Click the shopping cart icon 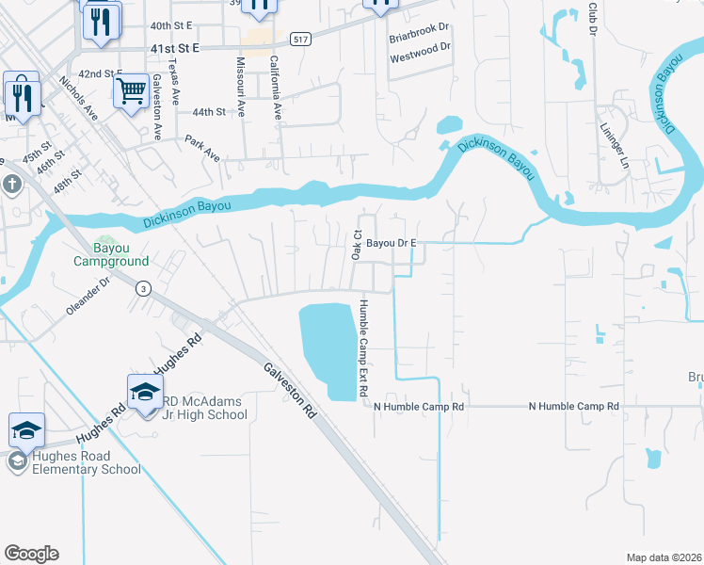click(x=131, y=92)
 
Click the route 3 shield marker click(x=143, y=287)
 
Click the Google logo click(x=31, y=554)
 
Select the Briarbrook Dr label click(x=421, y=40)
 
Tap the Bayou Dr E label click(x=391, y=243)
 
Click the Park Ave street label click(x=202, y=149)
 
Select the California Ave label click(x=276, y=86)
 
